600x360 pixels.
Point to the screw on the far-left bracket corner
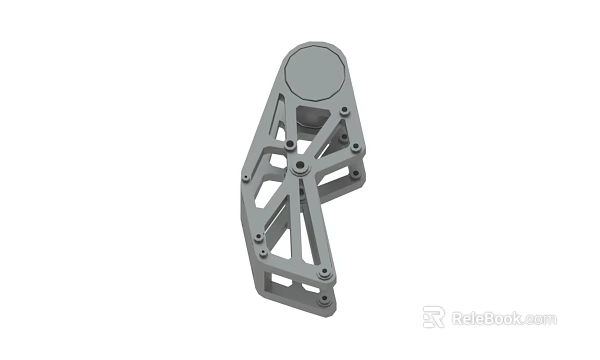click(242, 178)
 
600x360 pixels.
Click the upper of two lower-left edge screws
click(259, 237)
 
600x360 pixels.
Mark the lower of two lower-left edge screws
click(263, 257)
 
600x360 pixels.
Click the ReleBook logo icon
click(432, 318)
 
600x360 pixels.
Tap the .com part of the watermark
click(540, 320)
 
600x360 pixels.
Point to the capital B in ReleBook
click(490, 319)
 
